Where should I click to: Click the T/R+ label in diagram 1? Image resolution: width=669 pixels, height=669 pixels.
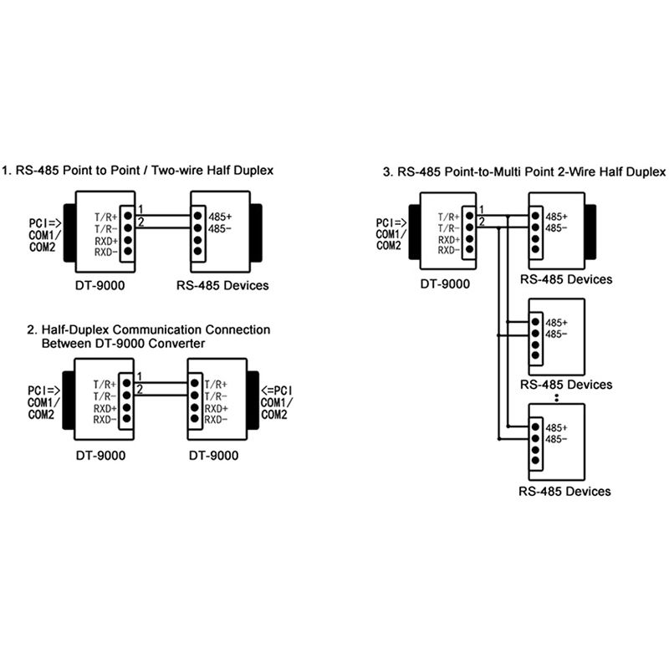pyautogui.click(x=106, y=217)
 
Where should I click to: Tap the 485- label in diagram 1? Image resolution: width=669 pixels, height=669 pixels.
pyautogui.click(x=220, y=229)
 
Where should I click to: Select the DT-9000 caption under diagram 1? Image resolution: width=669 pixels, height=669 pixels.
pyautogui.click(x=100, y=285)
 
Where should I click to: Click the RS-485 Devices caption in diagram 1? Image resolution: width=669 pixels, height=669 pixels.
pyautogui.click(x=222, y=285)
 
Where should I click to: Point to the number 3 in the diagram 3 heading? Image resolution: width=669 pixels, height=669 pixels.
pyautogui.click(x=387, y=172)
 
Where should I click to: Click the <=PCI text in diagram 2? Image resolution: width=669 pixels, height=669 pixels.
pyautogui.click(x=277, y=391)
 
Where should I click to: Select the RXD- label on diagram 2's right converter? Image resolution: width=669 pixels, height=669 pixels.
pyautogui.click(x=216, y=420)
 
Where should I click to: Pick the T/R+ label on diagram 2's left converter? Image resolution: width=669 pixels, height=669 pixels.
pyautogui.click(x=105, y=385)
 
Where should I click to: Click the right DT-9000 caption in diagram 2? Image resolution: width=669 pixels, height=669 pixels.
pyautogui.click(x=213, y=455)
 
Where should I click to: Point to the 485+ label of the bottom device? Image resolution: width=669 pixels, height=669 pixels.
pyautogui.click(x=556, y=428)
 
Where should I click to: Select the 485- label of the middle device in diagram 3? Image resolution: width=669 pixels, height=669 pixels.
pyautogui.click(x=556, y=334)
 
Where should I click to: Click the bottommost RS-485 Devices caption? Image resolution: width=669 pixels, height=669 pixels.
pyautogui.click(x=564, y=491)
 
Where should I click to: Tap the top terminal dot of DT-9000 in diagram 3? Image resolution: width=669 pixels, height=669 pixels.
pyautogui.click(x=469, y=216)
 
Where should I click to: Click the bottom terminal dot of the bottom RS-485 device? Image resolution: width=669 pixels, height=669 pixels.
pyautogui.click(x=535, y=461)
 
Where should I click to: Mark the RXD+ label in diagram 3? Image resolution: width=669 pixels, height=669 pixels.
pyautogui.click(x=449, y=240)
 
